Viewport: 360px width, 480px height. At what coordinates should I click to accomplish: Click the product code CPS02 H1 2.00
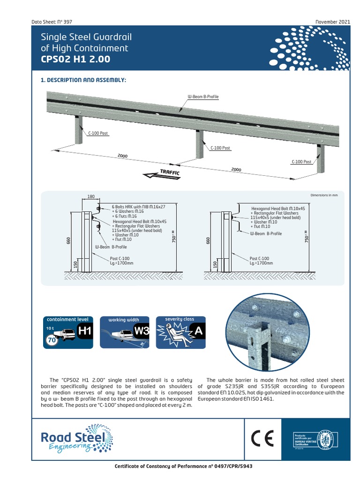pyautogui.click(x=75, y=59)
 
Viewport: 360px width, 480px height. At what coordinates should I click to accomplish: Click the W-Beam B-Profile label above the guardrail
pyautogui.click(x=203, y=97)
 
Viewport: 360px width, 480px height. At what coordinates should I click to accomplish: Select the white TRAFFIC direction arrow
pyautogui.click(x=162, y=174)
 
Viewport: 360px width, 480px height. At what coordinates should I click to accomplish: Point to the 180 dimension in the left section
pyautogui.click(x=90, y=197)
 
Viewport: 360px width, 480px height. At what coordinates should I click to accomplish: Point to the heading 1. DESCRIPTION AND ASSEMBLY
pyautogui.click(x=83, y=80)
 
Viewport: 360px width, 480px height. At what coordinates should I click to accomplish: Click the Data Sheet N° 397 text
pyautogui.click(x=52, y=22)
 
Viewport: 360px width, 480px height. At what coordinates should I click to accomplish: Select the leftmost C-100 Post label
pyautogui.click(x=98, y=133)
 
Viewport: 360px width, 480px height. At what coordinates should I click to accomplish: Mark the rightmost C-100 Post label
pyautogui.click(x=301, y=162)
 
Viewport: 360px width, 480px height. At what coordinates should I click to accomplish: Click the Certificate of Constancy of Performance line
pyautogui.click(x=180, y=467)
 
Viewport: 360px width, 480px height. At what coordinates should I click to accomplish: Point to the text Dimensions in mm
pyautogui.click(x=324, y=194)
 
